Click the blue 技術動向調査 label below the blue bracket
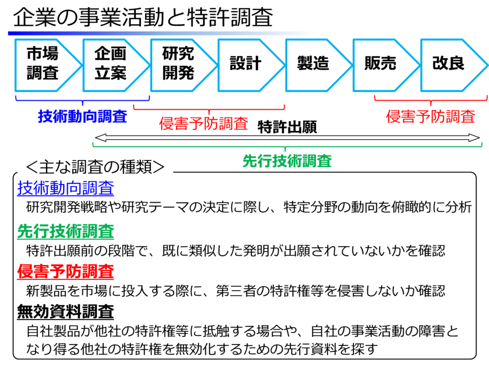(x=83, y=116)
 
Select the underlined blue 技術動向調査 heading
(x=65, y=188)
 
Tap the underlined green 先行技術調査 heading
(x=65, y=232)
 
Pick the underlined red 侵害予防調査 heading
(x=65, y=271)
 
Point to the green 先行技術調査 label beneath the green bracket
(x=287, y=161)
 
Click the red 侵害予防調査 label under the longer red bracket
(x=203, y=124)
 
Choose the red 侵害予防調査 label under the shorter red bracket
(x=430, y=116)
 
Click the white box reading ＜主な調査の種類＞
(x=95, y=168)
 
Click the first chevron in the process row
(x=43, y=65)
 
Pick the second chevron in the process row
(x=111, y=65)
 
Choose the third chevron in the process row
(x=179, y=65)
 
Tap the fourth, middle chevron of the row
(x=246, y=65)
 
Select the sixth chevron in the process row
(x=381, y=65)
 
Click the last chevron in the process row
(x=449, y=65)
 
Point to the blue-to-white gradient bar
(x=163, y=33)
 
